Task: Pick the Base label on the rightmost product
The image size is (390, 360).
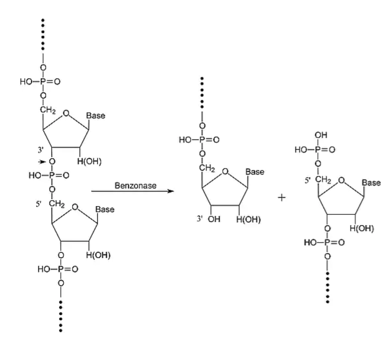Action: (x=371, y=182)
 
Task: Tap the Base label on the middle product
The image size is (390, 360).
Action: (x=255, y=172)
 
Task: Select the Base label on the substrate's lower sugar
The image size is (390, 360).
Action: (x=105, y=209)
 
